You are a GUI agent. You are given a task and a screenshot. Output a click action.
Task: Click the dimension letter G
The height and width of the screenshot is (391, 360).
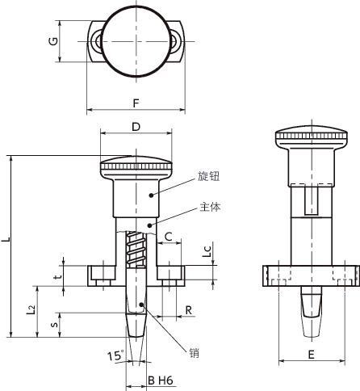click(x=53, y=41)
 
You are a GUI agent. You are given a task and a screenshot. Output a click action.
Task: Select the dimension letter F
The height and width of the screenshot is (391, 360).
click(x=136, y=103)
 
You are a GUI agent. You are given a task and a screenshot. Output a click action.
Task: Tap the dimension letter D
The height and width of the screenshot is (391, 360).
click(x=136, y=127)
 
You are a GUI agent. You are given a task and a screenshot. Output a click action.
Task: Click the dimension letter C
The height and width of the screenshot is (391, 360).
click(x=169, y=237)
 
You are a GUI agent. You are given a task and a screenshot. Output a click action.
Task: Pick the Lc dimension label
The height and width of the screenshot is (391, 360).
click(x=207, y=251)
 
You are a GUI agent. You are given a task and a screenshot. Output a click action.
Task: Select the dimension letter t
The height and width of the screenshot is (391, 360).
click(x=58, y=276)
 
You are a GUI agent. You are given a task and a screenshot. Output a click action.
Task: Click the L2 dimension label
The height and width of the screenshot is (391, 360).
click(x=31, y=309)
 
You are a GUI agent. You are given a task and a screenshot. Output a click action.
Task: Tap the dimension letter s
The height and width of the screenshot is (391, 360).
click(x=54, y=324)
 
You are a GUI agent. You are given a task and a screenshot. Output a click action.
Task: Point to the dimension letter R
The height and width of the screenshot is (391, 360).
click(x=189, y=310)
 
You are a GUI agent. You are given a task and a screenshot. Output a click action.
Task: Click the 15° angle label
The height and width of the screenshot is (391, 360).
click(x=116, y=355)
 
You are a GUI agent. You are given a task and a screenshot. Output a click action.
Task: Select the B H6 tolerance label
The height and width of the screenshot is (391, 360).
click(x=161, y=380)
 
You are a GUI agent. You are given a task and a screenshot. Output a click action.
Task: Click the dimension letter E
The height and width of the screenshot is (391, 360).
click(x=311, y=355)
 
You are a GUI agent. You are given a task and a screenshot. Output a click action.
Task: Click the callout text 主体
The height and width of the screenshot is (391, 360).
click(x=210, y=207)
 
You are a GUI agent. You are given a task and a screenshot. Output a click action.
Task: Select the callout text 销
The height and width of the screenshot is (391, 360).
click(x=194, y=352)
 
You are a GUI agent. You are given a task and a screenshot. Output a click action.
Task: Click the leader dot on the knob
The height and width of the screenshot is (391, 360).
click(x=151, y=195)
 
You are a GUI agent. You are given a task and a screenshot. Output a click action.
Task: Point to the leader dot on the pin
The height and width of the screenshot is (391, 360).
click(x=141, y=305)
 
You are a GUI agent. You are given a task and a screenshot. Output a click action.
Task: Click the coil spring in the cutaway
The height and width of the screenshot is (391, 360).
click(x=136, y=249)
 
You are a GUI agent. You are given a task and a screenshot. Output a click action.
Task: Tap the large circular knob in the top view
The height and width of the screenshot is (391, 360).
click(x=136, y=41)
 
